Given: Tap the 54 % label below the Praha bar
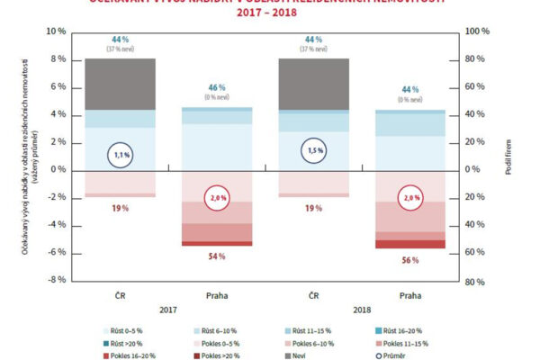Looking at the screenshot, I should [217, 256].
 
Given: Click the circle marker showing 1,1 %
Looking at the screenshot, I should [121, 155].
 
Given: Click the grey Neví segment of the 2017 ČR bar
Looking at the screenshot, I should [121, 84].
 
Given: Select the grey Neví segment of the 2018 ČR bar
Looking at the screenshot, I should [313, 84].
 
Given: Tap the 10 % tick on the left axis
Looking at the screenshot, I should [57, 31].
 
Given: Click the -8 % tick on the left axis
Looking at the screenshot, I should [56, 280].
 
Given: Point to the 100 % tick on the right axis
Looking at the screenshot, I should [478, 31].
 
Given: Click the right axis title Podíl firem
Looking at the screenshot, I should [509, 156].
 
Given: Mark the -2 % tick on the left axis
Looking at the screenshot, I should [57, 197].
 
